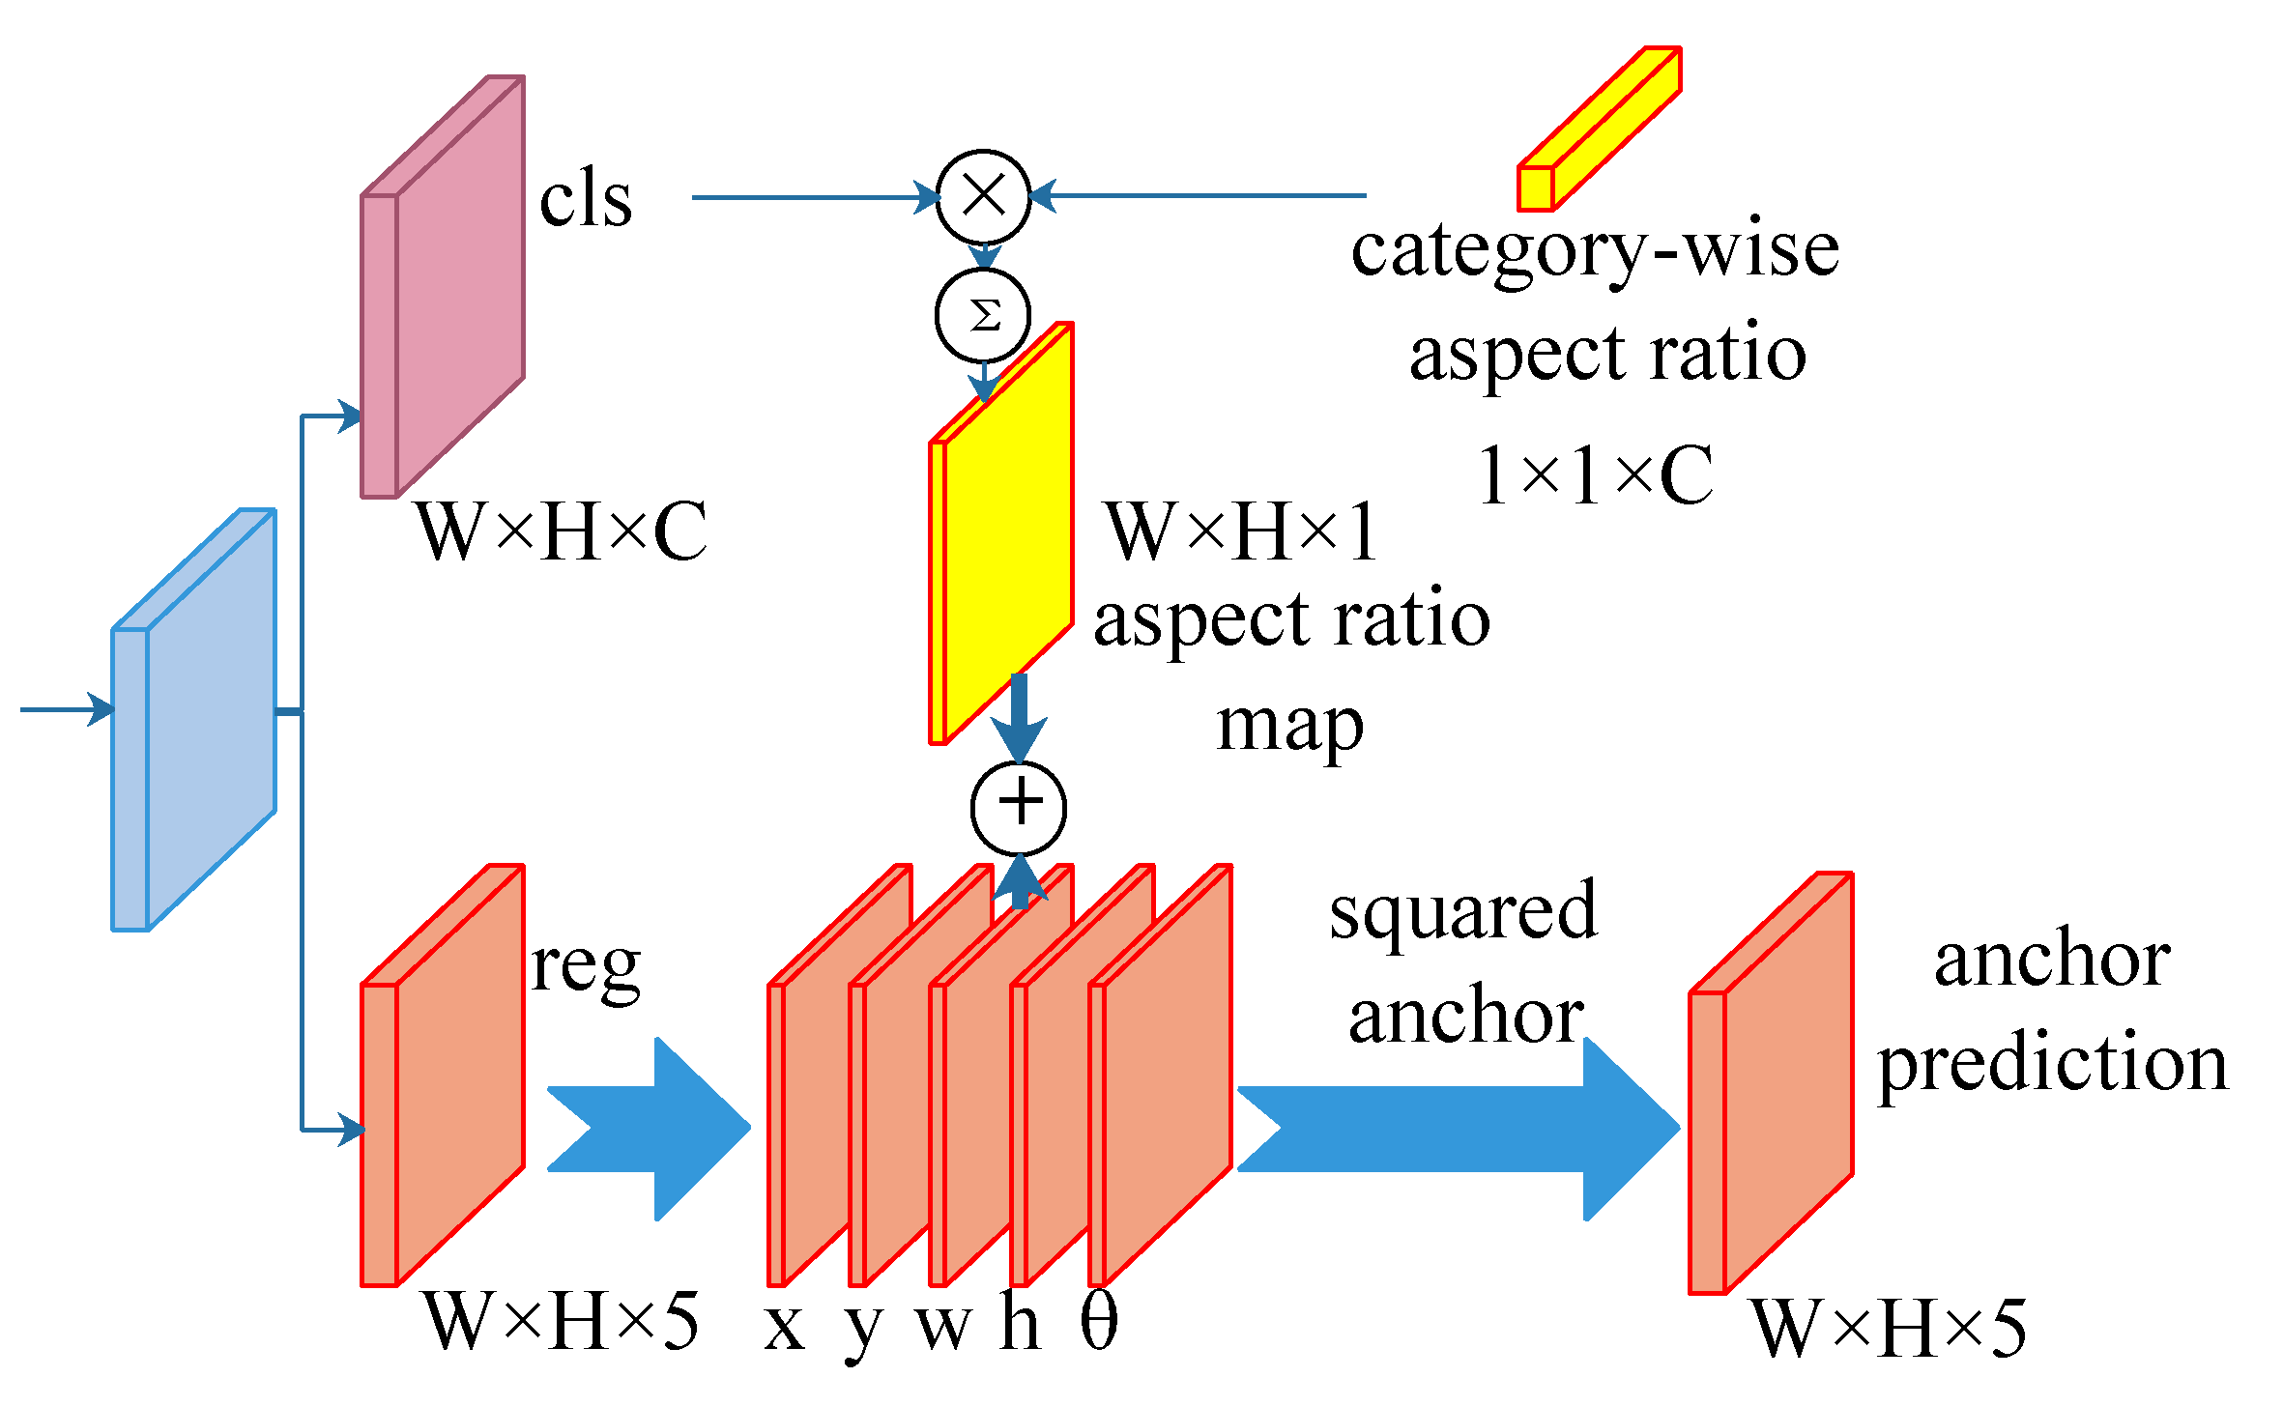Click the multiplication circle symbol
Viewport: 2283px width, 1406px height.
984,196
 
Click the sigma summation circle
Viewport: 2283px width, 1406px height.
984,316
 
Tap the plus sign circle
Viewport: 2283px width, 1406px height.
1019,808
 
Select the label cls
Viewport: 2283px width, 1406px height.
586,200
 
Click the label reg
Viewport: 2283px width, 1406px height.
586,966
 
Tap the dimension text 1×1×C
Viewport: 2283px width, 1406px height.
1595,475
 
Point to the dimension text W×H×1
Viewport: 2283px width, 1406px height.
1243,531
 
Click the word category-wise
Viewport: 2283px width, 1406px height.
1595,251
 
